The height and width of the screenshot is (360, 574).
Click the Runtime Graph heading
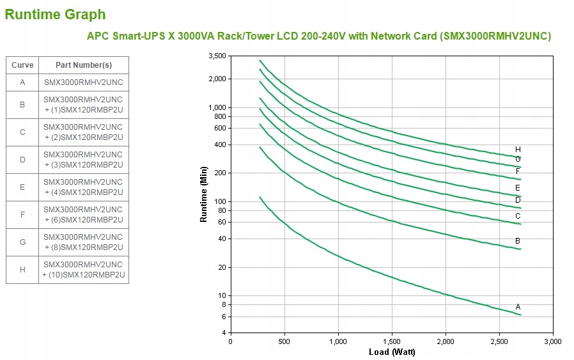click(56, 14)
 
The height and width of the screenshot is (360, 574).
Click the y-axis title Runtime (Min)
click(204, 194)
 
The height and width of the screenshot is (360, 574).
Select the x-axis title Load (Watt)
click(392, 352)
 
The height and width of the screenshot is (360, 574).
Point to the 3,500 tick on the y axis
click(217, 56)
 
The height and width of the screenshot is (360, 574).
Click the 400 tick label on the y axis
click(221, 145)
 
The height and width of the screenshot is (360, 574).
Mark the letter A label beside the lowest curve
click(518, 307)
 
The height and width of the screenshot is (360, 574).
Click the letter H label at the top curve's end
click(518, 150)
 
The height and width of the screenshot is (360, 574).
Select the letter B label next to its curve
click(518, 240)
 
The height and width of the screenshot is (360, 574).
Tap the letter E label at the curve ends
click(518, 188)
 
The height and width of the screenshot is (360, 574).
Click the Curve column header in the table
click(22, 65)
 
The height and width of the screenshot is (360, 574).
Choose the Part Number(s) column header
click(83, 65)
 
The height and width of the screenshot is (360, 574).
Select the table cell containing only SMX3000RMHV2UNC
click(83, 82)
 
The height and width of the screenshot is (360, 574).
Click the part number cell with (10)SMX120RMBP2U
click(83, 270)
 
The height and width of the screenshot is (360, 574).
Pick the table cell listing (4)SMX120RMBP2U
click(83, 187)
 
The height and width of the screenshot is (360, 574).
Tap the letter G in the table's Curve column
click(22, 242)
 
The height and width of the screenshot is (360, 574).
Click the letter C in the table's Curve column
click(22, 132)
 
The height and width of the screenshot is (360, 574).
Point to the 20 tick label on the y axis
click(222, 267)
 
